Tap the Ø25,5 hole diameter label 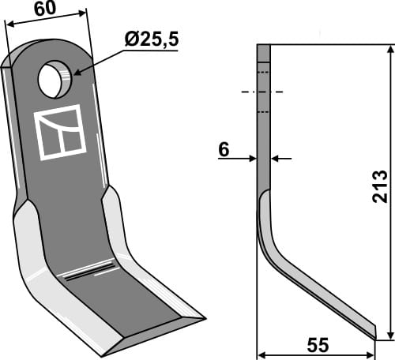[151, 39]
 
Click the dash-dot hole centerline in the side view [264, 92]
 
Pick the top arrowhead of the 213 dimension [389, 49]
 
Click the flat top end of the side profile [264, 46]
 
